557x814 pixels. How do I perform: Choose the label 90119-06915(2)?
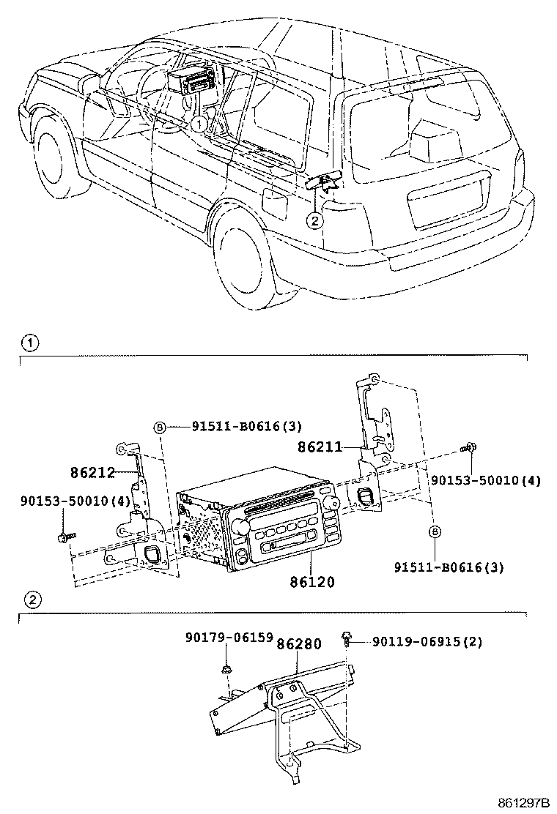[x=427, y=642]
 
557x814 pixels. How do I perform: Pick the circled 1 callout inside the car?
[x=199, y=124]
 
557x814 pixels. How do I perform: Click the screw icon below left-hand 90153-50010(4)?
[x=62, y=538]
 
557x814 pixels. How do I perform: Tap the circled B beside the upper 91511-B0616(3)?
[x=158, y=427]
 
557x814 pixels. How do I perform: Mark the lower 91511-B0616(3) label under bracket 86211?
[x=449, y=567]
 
